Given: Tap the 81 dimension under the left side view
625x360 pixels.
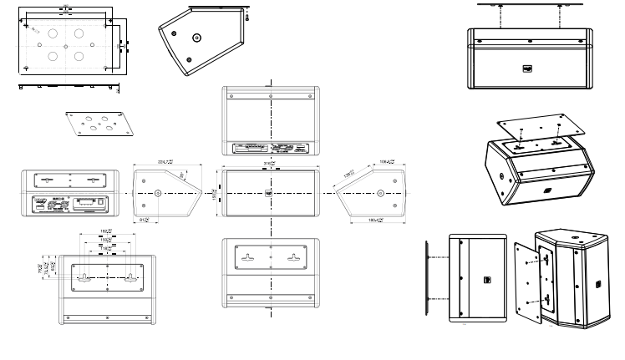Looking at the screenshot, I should coord(144,221).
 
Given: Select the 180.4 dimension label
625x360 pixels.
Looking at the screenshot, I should coord(376,221).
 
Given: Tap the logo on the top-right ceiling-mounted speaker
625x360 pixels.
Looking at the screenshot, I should coord(528,69).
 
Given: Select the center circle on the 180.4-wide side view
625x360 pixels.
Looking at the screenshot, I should coord(380,193).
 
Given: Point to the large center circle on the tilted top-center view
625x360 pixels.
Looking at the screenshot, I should coord(196,38).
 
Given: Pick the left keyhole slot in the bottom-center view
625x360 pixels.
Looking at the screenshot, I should coord(246,259).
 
